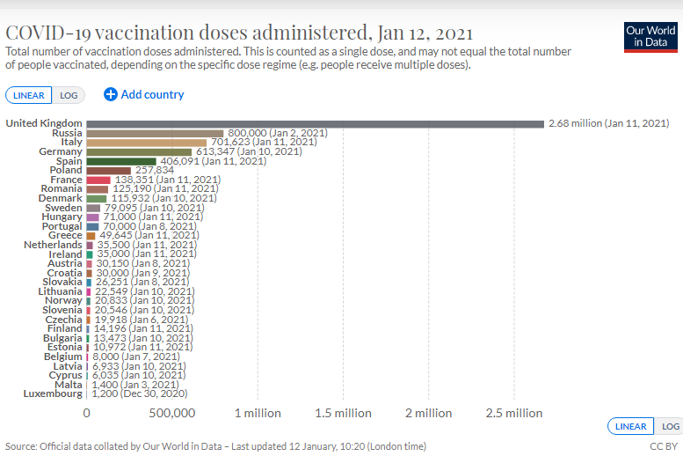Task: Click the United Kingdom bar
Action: tap(315, 123)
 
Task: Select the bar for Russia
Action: tap(155, 133)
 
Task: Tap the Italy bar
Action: tap(147, 142)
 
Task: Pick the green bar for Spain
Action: tap(121, 161)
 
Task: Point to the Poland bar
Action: tap(109, 170)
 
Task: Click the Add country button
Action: tap(144, 94)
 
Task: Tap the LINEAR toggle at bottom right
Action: tap(631, 426)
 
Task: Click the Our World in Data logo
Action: tap(650, 36)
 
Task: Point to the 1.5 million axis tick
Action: tap(343, 413)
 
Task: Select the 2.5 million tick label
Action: tap(514, 413)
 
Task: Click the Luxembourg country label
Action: tap(53, 393)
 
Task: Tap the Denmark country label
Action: tap(60, 198)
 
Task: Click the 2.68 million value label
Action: tap(608, 123)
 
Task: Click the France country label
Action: tap(64, 180)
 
